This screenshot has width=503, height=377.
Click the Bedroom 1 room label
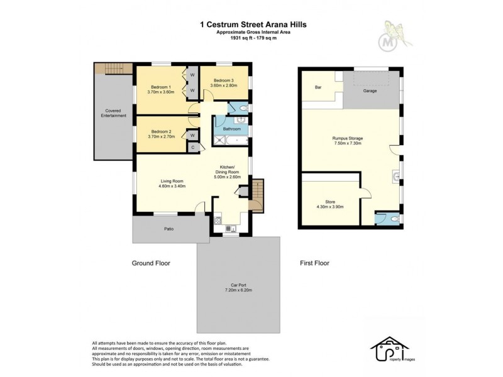tap(160, 87)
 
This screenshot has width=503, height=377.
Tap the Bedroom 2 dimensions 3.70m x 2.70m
tap(160, 136)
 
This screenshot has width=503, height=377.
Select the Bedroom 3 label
tap(223, 80)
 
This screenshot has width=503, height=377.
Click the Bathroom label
tap(231, 129)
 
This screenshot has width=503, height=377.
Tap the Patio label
tap(169, 229)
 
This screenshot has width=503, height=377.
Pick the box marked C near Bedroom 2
tap(193, 147)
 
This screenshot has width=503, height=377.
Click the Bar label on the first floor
tap(319, 88)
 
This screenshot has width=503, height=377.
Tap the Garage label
tap(370, 91)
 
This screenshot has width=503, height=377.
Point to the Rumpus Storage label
tap(348, 138)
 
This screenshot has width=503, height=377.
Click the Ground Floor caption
tap(151, 263)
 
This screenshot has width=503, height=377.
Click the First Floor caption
tap(314, 263)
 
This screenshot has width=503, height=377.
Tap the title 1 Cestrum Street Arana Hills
tap(253, 25)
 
